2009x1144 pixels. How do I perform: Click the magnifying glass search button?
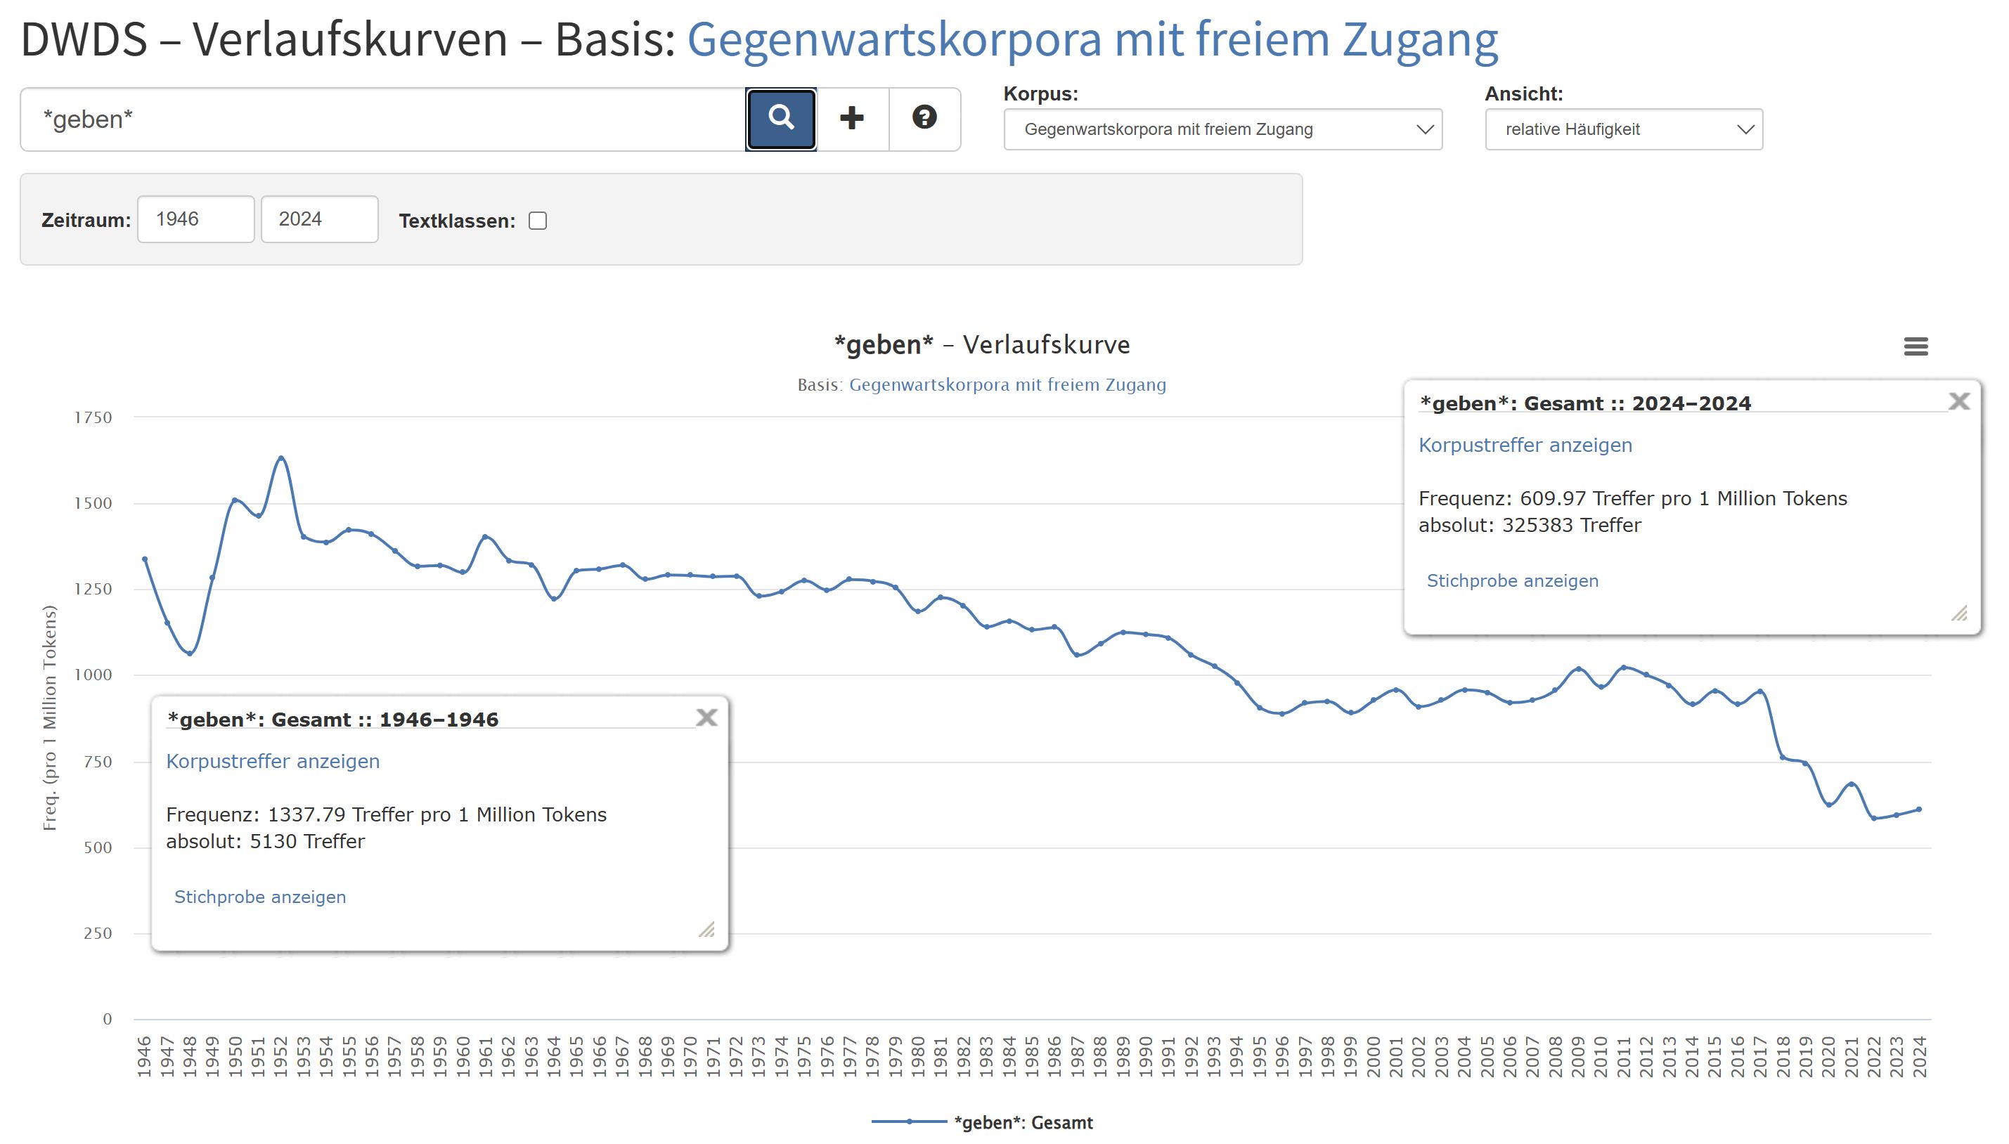pos(780,119)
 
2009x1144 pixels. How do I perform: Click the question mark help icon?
pos(924,118)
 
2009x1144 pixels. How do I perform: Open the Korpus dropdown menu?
pos(1222,129)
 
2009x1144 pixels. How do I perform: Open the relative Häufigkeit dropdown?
pos(1623,129)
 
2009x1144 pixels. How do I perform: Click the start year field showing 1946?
pos(195,219)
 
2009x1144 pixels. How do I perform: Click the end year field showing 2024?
pos(319,219)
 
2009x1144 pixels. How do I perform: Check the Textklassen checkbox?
pos(538,221)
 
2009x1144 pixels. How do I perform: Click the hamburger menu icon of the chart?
pos(1916,346)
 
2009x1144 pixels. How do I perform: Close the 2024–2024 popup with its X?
pos(1958,401)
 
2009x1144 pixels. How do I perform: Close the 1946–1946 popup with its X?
pos(706,717)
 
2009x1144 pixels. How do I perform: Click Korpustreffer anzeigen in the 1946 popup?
pos(273,761)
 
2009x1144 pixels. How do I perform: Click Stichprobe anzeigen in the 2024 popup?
pos(1512,580)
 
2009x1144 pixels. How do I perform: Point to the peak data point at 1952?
pos(280,458)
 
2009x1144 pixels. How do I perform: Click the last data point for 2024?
pos(1918,810)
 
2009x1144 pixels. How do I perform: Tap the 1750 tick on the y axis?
pos(93,418)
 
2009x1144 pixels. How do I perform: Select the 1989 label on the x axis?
pos(1123,1056)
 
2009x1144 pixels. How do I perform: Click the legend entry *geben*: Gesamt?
pos(1022,1123)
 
